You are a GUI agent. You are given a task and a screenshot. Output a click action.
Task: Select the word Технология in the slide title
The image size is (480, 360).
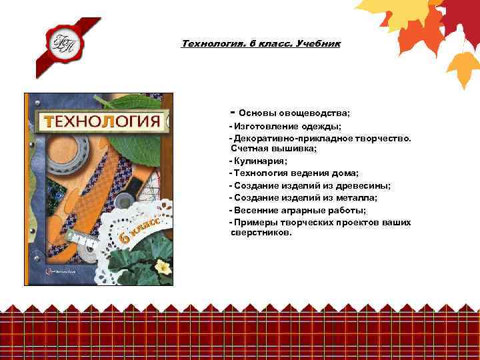(205, 44)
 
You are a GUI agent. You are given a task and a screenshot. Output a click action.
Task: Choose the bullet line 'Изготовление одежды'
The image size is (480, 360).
(287, 126)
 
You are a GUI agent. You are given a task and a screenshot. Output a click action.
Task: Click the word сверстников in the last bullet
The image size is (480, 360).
(261, 234)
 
